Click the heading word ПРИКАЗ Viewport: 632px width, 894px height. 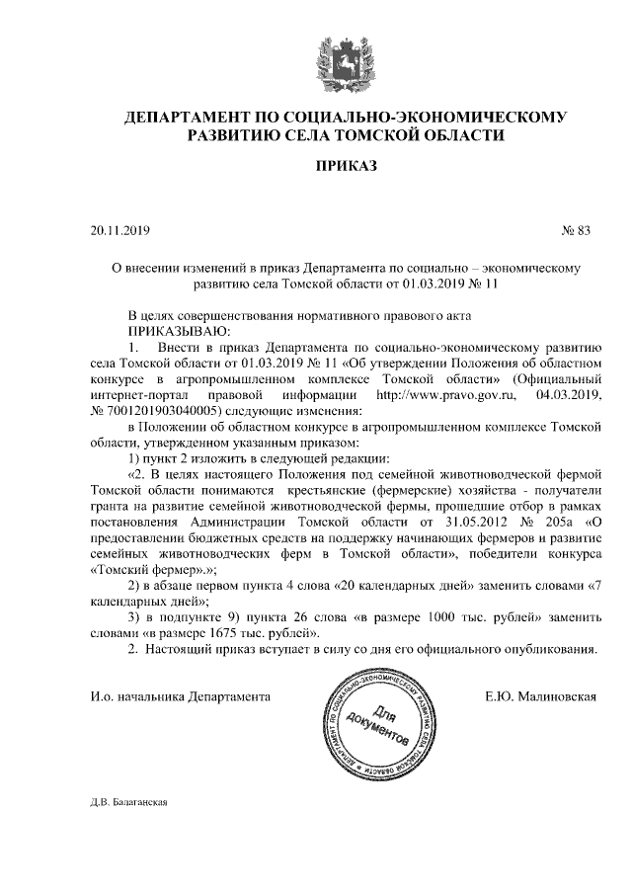pos(345,169)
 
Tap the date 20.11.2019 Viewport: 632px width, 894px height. pos(118,231)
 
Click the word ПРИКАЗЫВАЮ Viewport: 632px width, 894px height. pos(179,331)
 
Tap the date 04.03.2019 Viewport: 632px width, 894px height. pos(568,394)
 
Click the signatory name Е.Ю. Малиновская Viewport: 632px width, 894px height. pos(541,696)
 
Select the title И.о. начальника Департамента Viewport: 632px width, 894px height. pos(180,696)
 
